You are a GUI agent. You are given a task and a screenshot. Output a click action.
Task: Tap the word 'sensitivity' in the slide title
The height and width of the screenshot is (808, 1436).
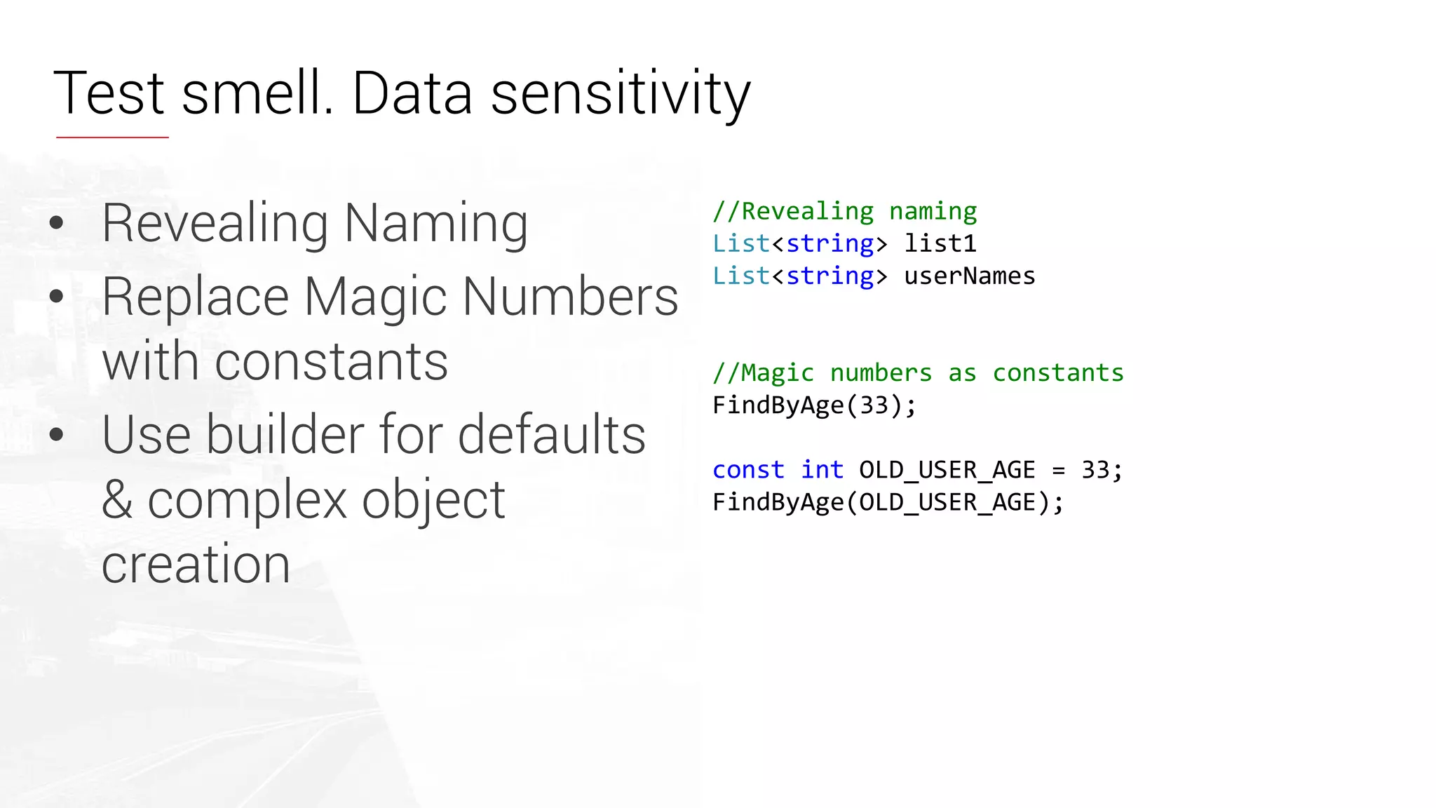tap(621, 95)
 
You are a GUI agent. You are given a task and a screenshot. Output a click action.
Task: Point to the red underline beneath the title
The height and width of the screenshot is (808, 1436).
tap(112, 137)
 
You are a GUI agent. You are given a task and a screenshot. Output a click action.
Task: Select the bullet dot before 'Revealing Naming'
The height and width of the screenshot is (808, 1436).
tap(57, 224)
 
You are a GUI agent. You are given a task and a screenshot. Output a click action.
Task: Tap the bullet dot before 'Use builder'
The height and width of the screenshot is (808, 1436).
tap(57, 434)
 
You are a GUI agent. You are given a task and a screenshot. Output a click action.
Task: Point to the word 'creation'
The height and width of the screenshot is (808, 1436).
tap(196, 565)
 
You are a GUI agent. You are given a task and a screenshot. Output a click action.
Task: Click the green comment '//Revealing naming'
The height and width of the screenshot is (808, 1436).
tap(844, 211)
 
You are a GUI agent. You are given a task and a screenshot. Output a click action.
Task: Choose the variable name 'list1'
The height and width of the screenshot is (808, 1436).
tap(940, 243)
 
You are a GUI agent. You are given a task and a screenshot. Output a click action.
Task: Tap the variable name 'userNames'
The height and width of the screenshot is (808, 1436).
tap(970, 276)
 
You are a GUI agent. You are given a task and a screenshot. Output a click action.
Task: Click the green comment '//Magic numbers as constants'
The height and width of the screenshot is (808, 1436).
tap(918, 372)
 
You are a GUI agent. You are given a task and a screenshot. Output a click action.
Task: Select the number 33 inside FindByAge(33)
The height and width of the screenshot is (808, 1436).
tap(874, 405)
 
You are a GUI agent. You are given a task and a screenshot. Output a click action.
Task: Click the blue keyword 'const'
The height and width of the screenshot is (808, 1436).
tap(748, 469)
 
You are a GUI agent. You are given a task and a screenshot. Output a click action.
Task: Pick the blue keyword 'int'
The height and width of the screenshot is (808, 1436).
tap(822, 469)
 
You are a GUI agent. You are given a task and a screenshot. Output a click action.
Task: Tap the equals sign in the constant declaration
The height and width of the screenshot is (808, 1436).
tap(1058, 470)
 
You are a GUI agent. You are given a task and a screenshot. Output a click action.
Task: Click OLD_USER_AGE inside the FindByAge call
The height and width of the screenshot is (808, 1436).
tap(947, 502)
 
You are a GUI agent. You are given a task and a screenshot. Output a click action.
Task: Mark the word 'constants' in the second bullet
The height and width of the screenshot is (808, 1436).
tap(331, 362)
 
